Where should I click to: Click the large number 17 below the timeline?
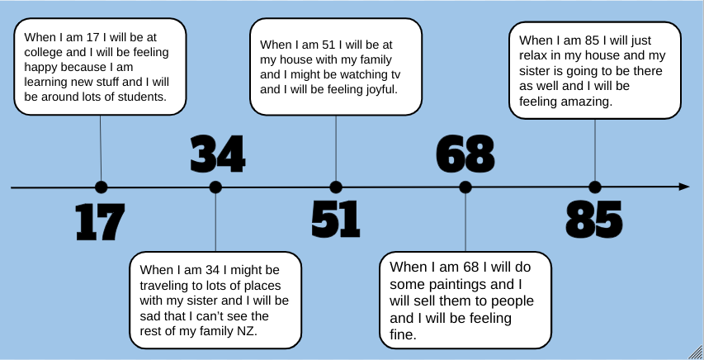100,221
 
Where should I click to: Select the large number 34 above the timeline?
218,154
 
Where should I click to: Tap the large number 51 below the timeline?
336,220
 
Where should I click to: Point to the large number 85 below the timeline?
594,220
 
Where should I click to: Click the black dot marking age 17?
102,187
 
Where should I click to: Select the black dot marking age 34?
215,187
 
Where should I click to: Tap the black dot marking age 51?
336,187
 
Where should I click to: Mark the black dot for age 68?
465,187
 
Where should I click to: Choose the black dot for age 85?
595,187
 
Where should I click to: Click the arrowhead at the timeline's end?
683,187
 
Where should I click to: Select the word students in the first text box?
140,97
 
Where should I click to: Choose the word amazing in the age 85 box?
583,102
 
